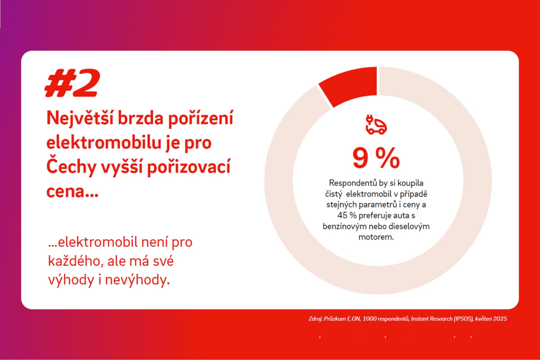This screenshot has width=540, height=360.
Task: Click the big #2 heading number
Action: [72, 82]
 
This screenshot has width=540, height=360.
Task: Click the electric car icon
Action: [376, 124]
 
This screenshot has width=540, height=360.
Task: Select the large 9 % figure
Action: [376, 158]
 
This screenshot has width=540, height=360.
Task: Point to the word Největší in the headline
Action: [80, 118]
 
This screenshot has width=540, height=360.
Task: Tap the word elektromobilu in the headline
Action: [103, 142]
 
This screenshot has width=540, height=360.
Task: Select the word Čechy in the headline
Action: [71, 167]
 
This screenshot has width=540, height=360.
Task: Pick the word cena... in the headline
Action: [72, 191]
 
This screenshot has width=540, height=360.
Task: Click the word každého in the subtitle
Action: [75, 261]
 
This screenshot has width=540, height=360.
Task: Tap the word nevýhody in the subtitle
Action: [137, 280]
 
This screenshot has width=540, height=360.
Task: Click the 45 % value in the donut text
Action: [347, 216]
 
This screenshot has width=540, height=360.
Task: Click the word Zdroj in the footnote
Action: [315, 319]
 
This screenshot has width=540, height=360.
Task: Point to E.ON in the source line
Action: [354, 319]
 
